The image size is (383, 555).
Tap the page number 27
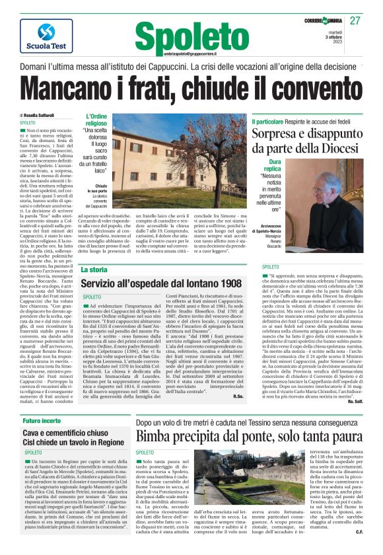click(374, 21)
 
